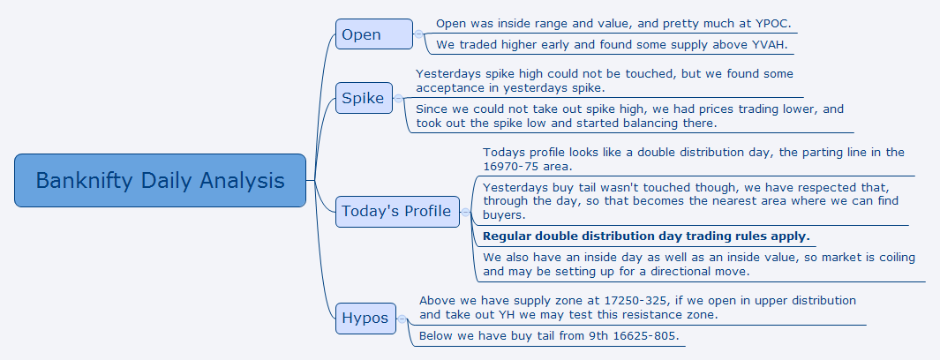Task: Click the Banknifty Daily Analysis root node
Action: [160, 180]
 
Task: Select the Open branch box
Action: [374, 34]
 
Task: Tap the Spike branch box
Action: [364, 98]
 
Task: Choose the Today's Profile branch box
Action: [397, 212]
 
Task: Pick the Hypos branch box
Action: [365, 318]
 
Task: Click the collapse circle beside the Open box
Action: [418, 34]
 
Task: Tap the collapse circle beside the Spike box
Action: [398, 98]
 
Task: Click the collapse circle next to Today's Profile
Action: [465, 212]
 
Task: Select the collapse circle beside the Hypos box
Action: [402, 319]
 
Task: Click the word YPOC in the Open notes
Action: [773, 24]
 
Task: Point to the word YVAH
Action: [769, 44]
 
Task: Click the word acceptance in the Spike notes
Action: [444, 88]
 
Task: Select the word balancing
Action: [687, 124]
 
